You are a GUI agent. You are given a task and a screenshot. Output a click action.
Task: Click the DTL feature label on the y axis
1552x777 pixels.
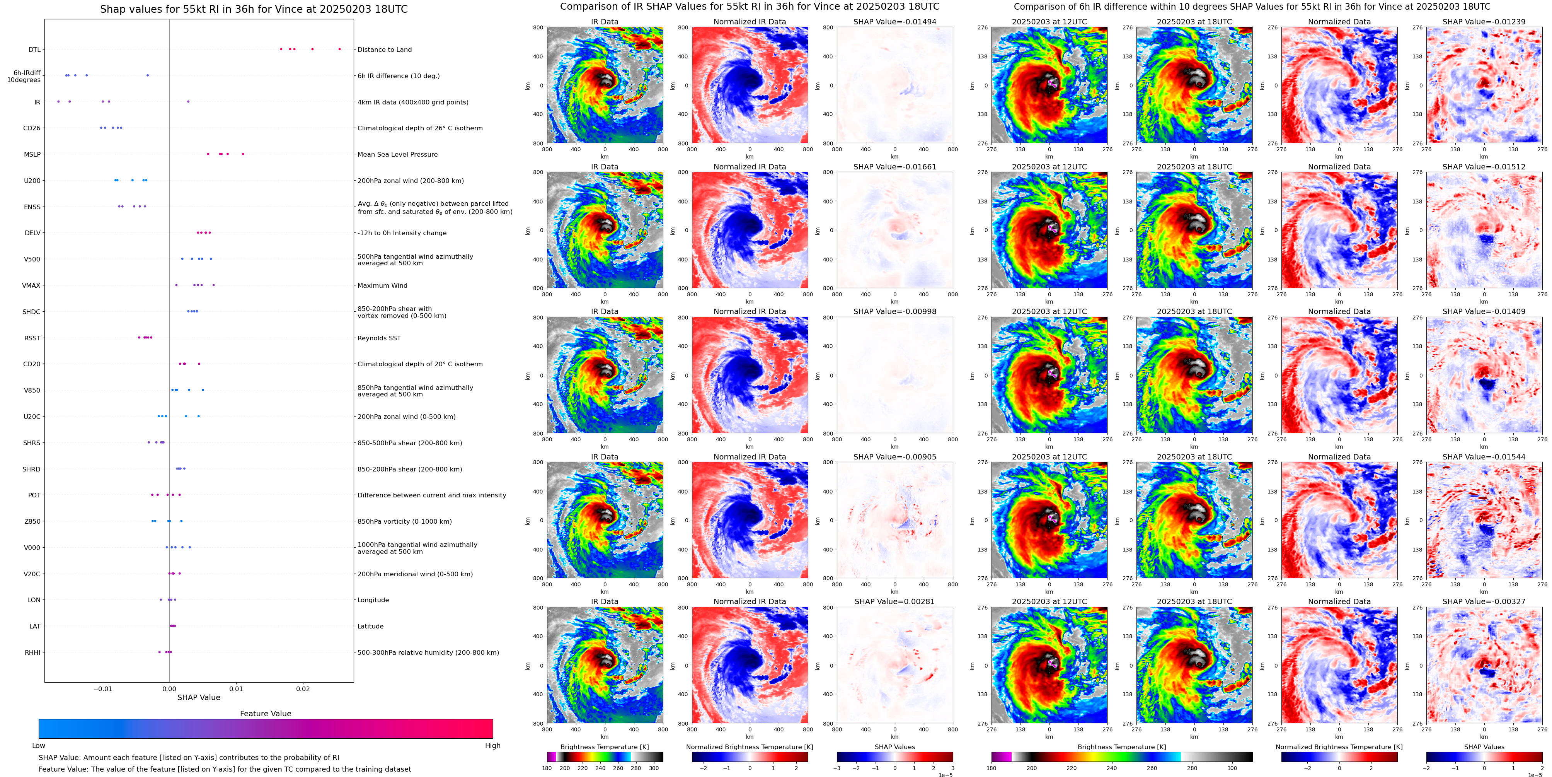click(34, 50)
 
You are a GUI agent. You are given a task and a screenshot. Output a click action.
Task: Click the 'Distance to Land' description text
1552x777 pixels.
click(384, 50)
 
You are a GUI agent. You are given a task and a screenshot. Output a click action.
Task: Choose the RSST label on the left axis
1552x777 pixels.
click(32, 338)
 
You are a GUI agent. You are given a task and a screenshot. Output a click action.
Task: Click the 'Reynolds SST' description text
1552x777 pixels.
click(379, 338)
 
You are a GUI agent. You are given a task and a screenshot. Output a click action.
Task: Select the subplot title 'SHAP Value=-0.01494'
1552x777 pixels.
click(895, 22)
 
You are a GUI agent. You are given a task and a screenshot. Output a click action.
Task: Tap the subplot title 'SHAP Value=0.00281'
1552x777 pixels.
click(895, 601)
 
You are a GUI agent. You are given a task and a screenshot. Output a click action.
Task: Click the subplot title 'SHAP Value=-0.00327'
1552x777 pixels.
click(1484, 601)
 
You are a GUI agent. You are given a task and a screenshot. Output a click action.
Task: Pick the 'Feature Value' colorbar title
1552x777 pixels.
click(265, 714)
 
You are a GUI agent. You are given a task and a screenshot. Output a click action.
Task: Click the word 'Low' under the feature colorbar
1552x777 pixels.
click(39, 746)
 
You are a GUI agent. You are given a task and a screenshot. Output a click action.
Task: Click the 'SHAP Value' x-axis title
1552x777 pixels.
click(199, 697)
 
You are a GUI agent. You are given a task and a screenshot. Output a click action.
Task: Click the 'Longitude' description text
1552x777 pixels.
click(373, 600)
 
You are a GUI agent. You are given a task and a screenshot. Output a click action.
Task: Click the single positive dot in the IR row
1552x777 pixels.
click(188, 101)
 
